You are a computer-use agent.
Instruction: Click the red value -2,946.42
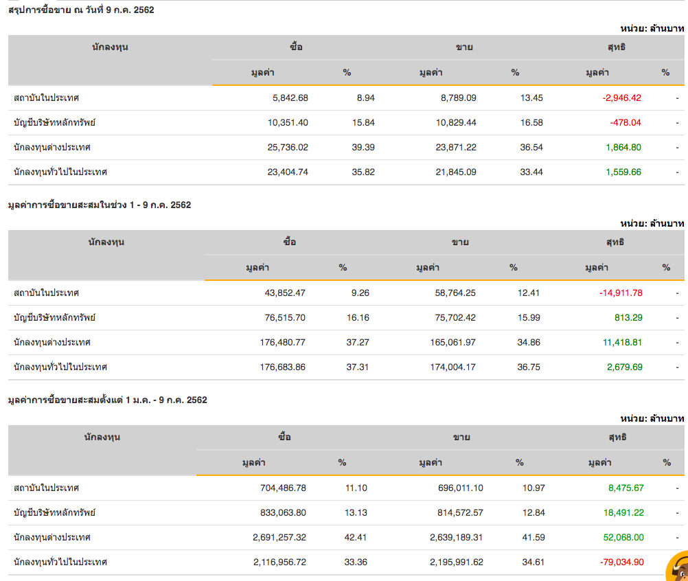(x=621, y=98)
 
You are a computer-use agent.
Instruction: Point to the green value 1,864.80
(x=623, y=147)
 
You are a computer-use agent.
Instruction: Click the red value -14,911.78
(x=621, y=293)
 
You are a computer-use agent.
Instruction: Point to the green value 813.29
(x=628, y=317)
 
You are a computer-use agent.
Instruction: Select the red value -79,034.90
(x=621, y=562)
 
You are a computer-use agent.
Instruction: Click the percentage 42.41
(x=356, y=537)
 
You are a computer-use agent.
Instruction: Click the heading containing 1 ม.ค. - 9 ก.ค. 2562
(x=107, y=400)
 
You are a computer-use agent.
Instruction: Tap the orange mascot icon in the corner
(x=677, y=567)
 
